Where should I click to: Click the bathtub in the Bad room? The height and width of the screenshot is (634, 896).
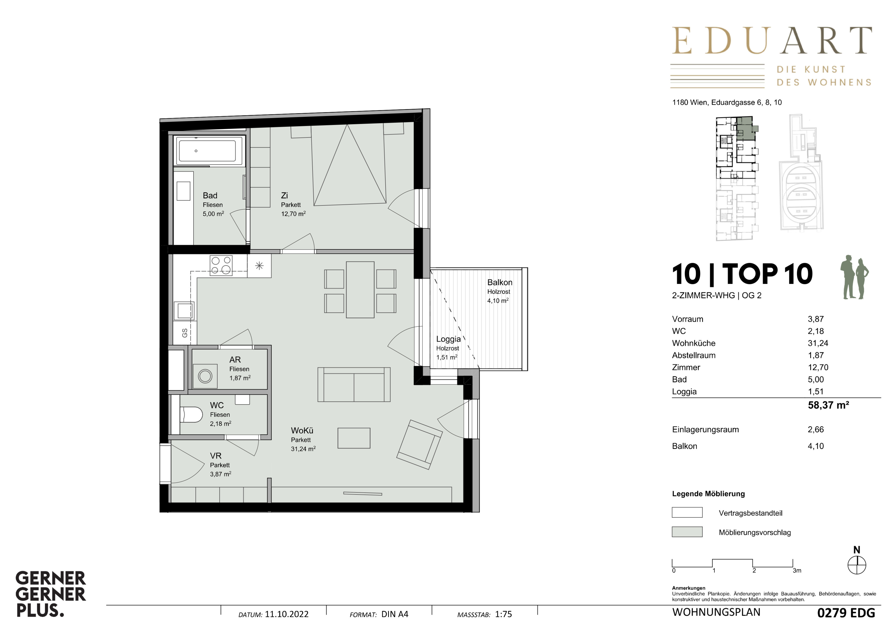point(207,151)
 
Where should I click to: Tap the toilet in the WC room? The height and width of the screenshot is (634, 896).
point(191,415)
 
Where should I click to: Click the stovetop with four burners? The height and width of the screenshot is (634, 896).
point(221,265)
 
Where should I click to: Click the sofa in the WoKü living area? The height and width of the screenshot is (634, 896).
point(354,384)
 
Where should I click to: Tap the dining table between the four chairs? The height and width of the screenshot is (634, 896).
point(360,290)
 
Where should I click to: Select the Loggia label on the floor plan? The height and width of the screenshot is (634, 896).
point(449,339)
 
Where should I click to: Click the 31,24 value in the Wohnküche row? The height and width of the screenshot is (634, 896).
point(818,343)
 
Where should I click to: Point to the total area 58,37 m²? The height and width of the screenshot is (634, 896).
point(828,405)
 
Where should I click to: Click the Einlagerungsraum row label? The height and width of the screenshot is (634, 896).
point(705,429)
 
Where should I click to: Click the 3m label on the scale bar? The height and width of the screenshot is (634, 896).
point(797,570)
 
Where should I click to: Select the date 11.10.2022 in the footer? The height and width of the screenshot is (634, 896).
point(286,614)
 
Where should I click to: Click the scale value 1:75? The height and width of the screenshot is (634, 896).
point(503,614)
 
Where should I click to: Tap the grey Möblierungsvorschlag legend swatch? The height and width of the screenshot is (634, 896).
point(687,532)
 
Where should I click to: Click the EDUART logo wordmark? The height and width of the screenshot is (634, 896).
point(772,40)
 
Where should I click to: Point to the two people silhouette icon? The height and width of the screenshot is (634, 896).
point(855,277)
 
